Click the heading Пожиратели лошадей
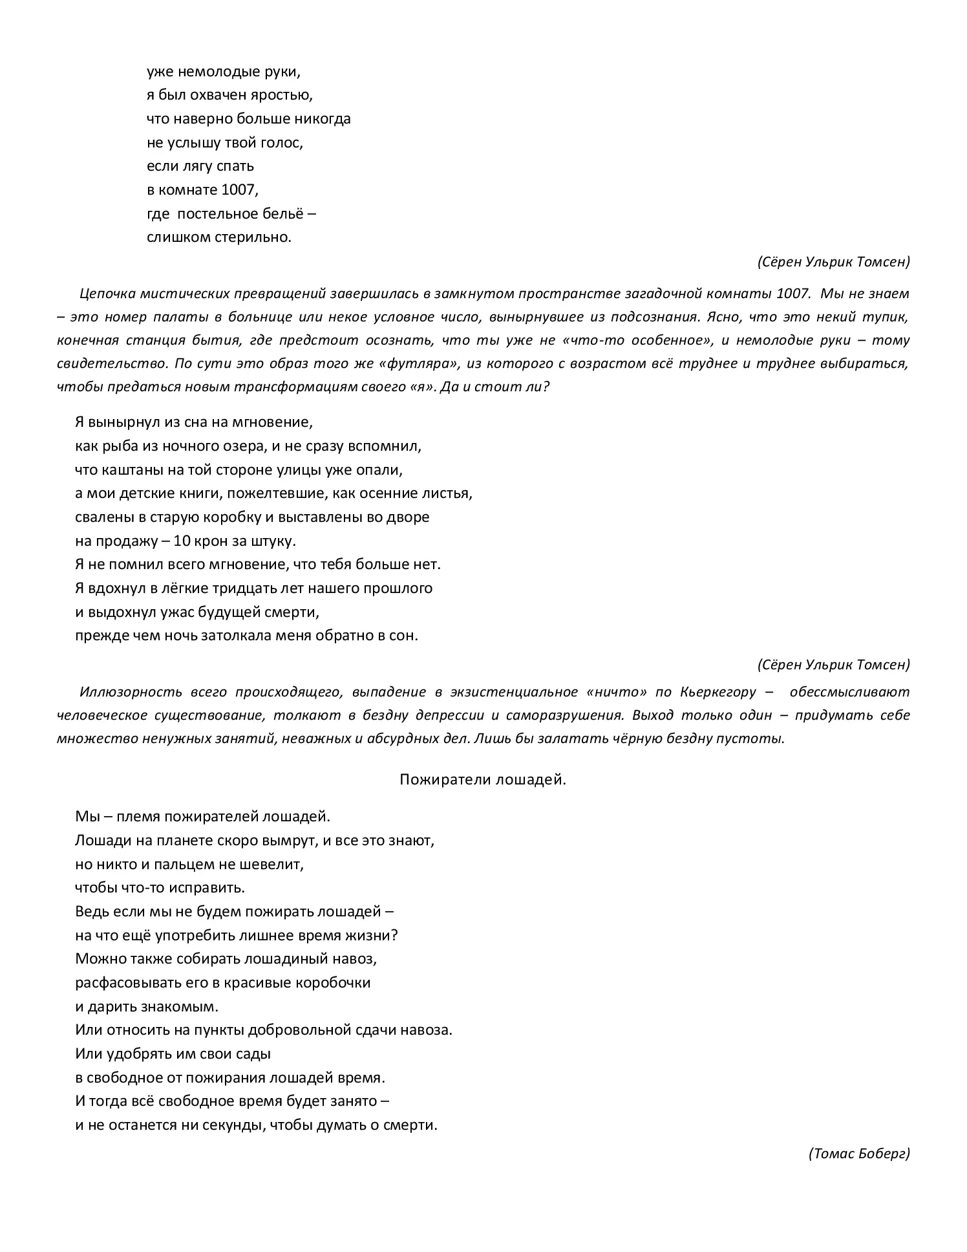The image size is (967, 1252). (482, 779)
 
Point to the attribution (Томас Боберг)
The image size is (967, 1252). (858, 1154)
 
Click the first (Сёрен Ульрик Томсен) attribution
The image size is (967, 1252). (833, 262)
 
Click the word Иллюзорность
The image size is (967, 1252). (133, 692)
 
